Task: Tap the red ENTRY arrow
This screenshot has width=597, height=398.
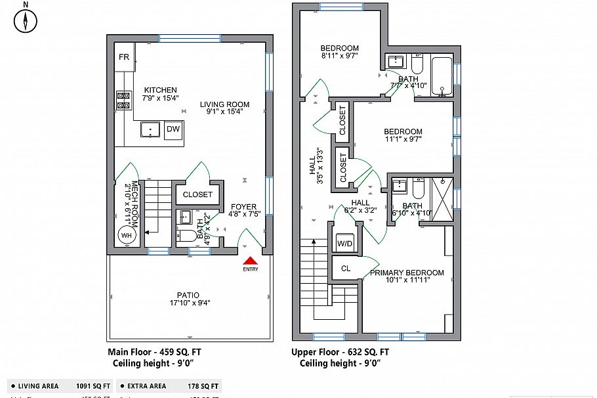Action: [250, 261]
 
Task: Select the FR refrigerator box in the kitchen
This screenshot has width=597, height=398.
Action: [124, 57]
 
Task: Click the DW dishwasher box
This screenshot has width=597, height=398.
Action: [173, 129]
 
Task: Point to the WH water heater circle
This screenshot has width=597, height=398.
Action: [125, 235]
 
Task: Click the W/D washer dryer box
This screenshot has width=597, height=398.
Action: [344, 244]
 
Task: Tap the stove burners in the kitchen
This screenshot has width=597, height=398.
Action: [123, 100]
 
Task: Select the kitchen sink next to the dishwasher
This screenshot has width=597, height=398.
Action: [151, 130]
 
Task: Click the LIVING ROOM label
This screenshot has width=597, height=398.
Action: [225, 104]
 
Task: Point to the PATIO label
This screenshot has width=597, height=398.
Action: [188, 295]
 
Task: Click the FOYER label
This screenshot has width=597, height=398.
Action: [243, 207]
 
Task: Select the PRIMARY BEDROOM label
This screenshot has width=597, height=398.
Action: [407, 273]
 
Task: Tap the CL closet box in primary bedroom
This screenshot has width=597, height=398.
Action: [346, 268]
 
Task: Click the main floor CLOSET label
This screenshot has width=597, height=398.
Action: [197, 194]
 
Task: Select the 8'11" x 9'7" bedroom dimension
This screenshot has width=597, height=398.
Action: [339, 56]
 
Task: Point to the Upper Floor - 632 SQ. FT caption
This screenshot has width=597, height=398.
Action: [340, 352]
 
